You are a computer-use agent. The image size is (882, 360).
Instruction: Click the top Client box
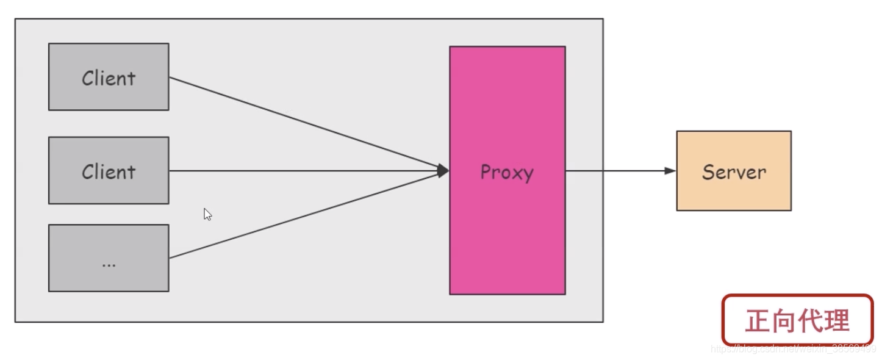click(109, 77)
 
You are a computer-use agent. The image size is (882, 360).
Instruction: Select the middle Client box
click(109, 170)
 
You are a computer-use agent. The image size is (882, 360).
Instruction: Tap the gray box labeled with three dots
click(109, 257)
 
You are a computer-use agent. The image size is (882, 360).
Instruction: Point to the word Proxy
click(507, 172)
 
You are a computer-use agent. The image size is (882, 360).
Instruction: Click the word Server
click(734, 171)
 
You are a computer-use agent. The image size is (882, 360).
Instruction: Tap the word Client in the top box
click(109, 78)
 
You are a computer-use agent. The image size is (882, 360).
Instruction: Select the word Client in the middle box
click(109, 171)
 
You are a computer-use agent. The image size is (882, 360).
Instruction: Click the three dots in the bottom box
click(109, 265)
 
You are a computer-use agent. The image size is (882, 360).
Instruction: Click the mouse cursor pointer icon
click(207, 214)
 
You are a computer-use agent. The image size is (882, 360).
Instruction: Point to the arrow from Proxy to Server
click(616, 171)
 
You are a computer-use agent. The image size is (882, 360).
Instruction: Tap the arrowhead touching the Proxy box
click(443, 171)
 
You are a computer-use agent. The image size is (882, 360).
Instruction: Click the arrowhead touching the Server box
click(670, 171)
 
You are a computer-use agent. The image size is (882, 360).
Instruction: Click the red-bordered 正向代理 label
click(797, 320)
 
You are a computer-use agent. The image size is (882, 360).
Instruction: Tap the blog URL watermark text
click(793, 349)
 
